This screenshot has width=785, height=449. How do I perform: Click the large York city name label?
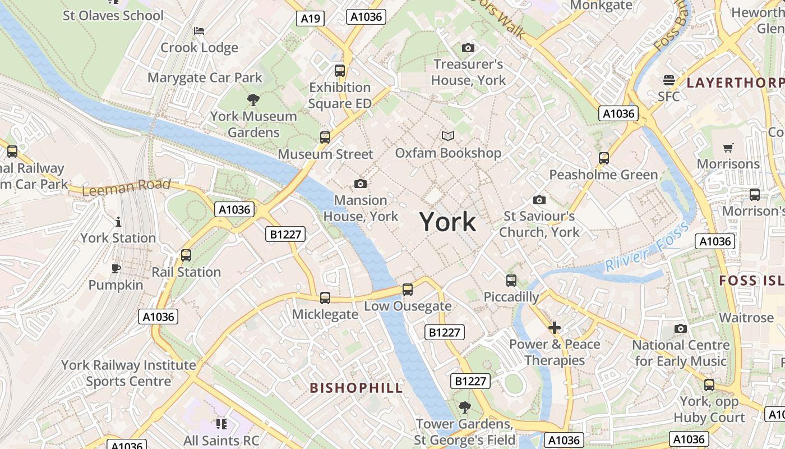pos(447,222)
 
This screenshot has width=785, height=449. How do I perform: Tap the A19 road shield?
pos(310,19)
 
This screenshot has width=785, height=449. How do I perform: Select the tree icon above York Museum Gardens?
pos(253,100)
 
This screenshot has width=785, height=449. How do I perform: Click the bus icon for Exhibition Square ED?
pos(340,71)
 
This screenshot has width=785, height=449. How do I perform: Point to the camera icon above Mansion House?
pos(361,184)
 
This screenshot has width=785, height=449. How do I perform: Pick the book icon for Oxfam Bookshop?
pos(447,136)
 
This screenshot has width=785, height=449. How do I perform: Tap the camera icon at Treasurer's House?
pos(468,48)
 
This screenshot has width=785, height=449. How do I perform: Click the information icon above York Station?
pos(118,222)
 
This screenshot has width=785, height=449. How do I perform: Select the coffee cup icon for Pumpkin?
pos(116,269)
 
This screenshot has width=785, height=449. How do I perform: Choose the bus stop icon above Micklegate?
pos(325,298)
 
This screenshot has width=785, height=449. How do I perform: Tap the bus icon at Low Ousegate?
pos(408,290)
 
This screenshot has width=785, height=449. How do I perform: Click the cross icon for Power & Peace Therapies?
pos(555,328)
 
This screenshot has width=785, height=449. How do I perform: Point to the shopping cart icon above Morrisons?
pos(728,148)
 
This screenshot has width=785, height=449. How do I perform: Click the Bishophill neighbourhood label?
pos(356,388)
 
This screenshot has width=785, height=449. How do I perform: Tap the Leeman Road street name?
pos(126,187)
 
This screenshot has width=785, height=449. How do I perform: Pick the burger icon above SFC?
pos(668,80)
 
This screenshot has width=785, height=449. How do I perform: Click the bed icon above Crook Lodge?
pos(199,31)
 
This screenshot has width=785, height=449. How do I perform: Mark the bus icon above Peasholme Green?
pos(604,158)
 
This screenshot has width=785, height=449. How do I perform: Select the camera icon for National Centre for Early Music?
pos(681,328)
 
